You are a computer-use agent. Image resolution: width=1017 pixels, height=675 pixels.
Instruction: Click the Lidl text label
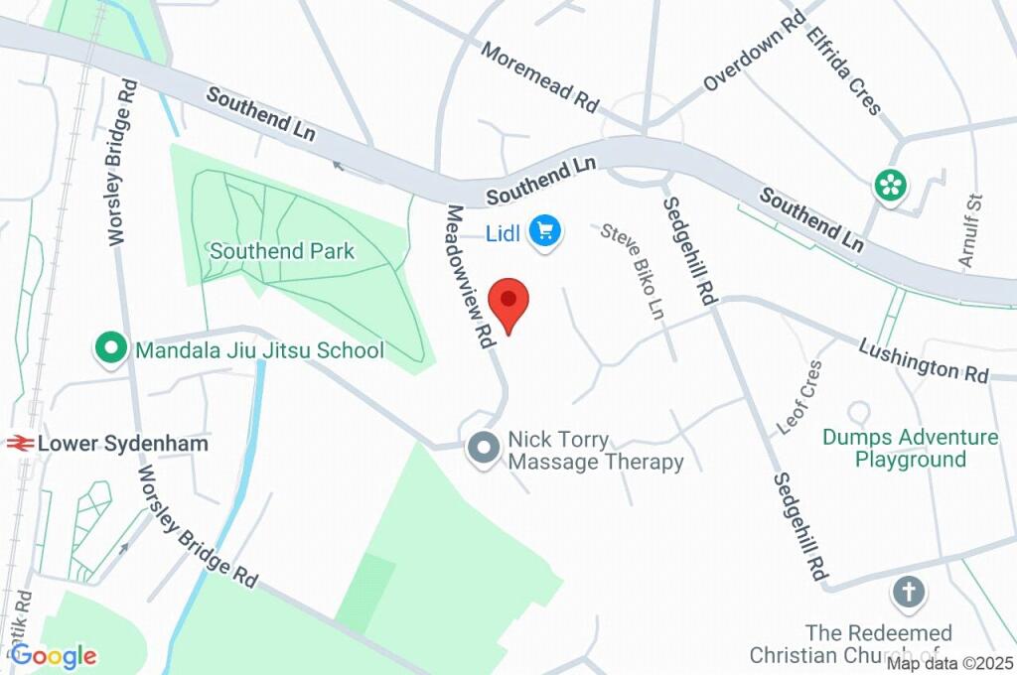505,233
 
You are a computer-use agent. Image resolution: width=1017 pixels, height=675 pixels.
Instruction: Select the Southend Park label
281,251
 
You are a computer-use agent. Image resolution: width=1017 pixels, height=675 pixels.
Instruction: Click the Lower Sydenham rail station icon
19,444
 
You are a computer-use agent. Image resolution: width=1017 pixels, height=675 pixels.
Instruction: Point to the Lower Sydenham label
123,444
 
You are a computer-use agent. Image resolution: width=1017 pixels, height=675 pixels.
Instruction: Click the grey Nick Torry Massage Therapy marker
484,448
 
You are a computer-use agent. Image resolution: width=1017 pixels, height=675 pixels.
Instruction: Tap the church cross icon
908,594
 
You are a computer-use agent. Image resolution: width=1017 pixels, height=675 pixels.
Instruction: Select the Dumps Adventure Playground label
911,448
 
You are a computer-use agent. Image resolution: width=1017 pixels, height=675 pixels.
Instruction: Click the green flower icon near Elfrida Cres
891,185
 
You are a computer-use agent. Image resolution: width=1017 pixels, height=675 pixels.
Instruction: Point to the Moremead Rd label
541,76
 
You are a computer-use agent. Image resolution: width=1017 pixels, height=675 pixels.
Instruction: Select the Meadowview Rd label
469,276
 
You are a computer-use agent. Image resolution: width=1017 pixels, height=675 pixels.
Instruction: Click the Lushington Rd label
924,358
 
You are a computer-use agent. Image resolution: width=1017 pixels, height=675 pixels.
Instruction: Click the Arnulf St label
969,230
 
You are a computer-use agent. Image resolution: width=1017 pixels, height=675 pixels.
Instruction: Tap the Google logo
54,655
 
